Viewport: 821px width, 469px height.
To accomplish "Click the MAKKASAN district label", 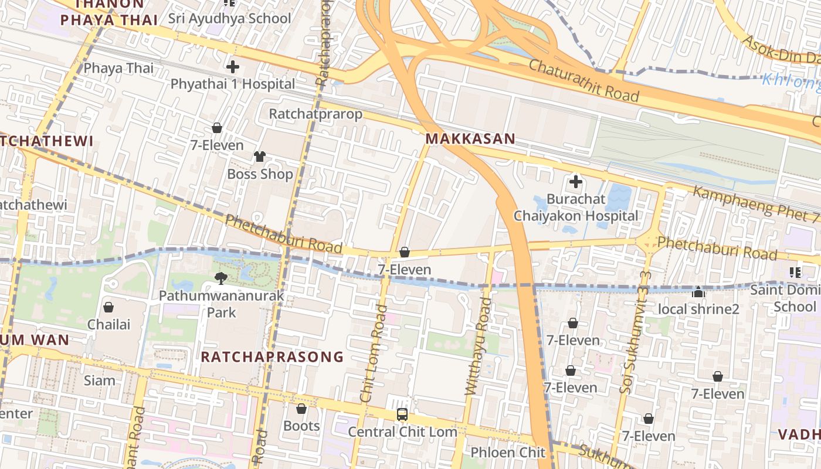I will point(470,139).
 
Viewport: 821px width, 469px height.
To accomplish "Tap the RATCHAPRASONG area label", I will point(272,356).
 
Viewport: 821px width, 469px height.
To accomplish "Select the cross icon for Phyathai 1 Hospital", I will point(233,67).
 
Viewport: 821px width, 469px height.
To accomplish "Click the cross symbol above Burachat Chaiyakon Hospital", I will point(575,182).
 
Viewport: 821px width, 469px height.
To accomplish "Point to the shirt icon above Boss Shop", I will point(260,156).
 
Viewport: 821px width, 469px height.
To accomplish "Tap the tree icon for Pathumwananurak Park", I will point(221,278).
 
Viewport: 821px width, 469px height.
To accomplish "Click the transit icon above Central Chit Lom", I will point(402,414).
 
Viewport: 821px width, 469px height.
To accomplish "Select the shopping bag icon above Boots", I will point(301,409).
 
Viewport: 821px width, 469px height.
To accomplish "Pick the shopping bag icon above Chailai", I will point(108,307).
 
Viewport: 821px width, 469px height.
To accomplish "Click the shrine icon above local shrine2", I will point(698,292).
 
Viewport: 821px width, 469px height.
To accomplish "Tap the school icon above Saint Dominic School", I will point(795,272).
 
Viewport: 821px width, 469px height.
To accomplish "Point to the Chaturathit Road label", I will point(583,80).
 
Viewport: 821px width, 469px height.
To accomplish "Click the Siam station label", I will point(100,380).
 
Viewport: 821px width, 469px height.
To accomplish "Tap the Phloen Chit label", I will point(508,453).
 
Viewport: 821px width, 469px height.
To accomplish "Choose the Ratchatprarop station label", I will point(315,114).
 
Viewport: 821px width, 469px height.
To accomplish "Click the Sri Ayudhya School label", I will point(229,18).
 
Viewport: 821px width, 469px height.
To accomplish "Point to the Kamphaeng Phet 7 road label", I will point(756,203).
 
